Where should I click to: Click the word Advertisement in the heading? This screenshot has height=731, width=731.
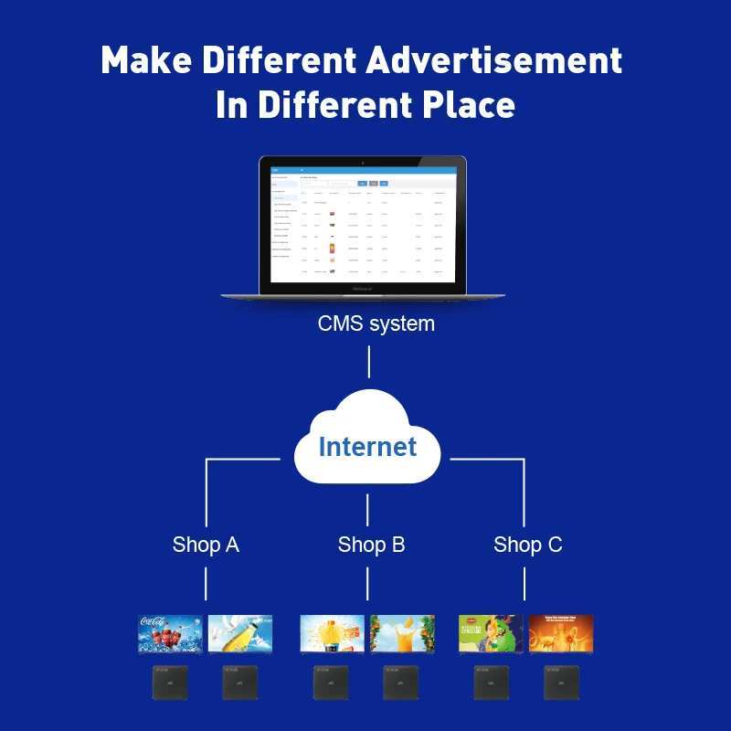coord(494,60)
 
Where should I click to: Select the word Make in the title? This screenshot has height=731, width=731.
coord(146,60)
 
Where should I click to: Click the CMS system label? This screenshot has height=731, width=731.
coord(376,323)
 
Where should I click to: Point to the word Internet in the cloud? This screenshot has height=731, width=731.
coord(367,447)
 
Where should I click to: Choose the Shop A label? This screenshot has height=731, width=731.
coord(206,545)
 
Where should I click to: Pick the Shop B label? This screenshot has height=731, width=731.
coord(371,545)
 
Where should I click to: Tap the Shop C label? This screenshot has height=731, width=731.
coord(527,545)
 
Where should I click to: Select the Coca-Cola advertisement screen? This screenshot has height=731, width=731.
coord(171,633)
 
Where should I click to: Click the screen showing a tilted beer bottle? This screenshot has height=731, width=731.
coord(240,633)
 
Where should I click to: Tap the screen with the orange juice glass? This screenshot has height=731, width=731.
coord(402,633)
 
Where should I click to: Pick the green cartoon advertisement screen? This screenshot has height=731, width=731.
coord(491,633)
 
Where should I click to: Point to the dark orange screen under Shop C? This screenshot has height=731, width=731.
coord(561,633)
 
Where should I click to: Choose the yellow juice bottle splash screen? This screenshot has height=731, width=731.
coord(333,633)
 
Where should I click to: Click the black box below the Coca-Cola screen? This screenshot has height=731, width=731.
coord(171,683)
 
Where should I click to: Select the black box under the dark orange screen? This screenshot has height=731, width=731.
coord(561,683)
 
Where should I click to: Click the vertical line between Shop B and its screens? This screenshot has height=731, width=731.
coord(367,584)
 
